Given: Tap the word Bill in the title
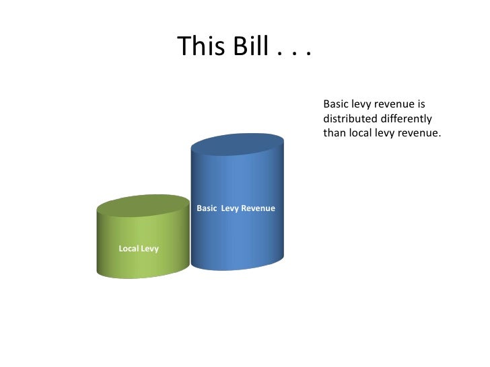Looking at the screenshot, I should coord(248,46).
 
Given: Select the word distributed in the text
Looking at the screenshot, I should coord(350,118).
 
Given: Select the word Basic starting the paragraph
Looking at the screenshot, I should coord(336,104).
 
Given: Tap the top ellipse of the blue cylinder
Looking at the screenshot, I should coord(237,143).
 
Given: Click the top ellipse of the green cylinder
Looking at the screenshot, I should coord(143,205).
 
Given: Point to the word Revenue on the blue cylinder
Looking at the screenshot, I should coord(258,208).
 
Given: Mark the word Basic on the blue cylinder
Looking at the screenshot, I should coord(207,208).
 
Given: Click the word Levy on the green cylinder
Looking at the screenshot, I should coord(150,249).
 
